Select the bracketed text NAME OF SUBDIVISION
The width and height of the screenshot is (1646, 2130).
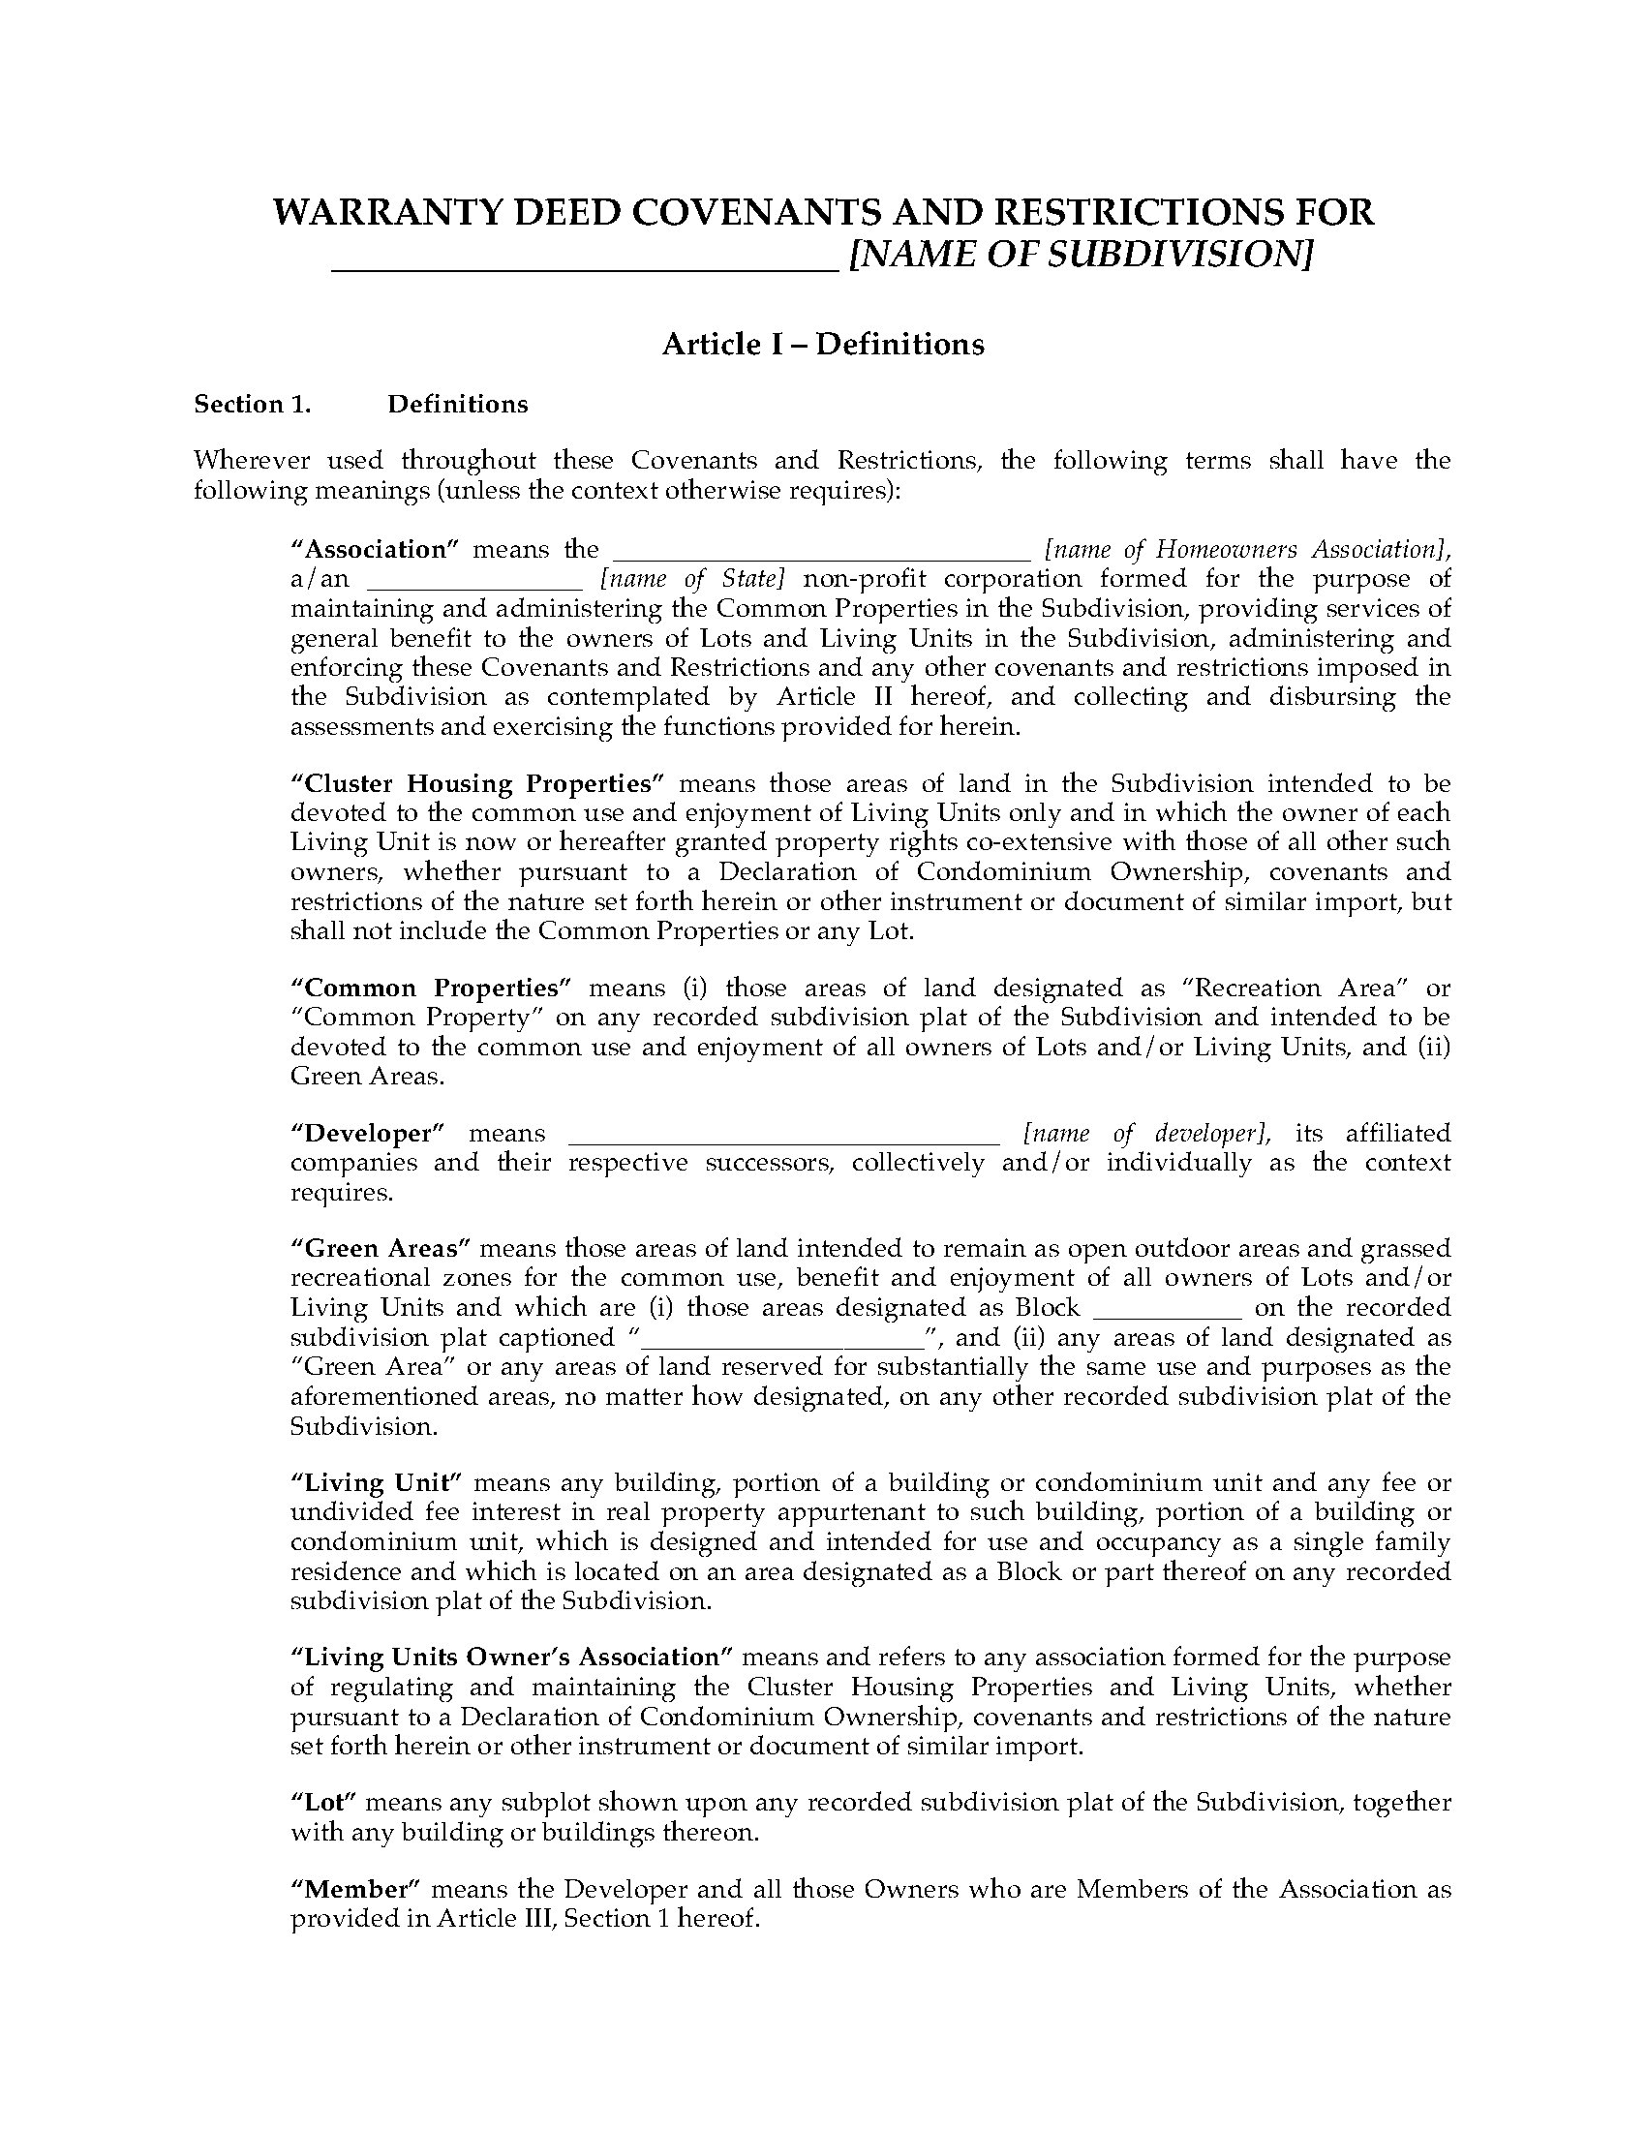[x=1081, y=255]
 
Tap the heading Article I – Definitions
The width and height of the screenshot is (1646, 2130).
[x=823, y=345]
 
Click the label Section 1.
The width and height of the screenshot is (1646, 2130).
[x=253, y=405]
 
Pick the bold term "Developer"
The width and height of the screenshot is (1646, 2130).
[x=368, y=1134]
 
